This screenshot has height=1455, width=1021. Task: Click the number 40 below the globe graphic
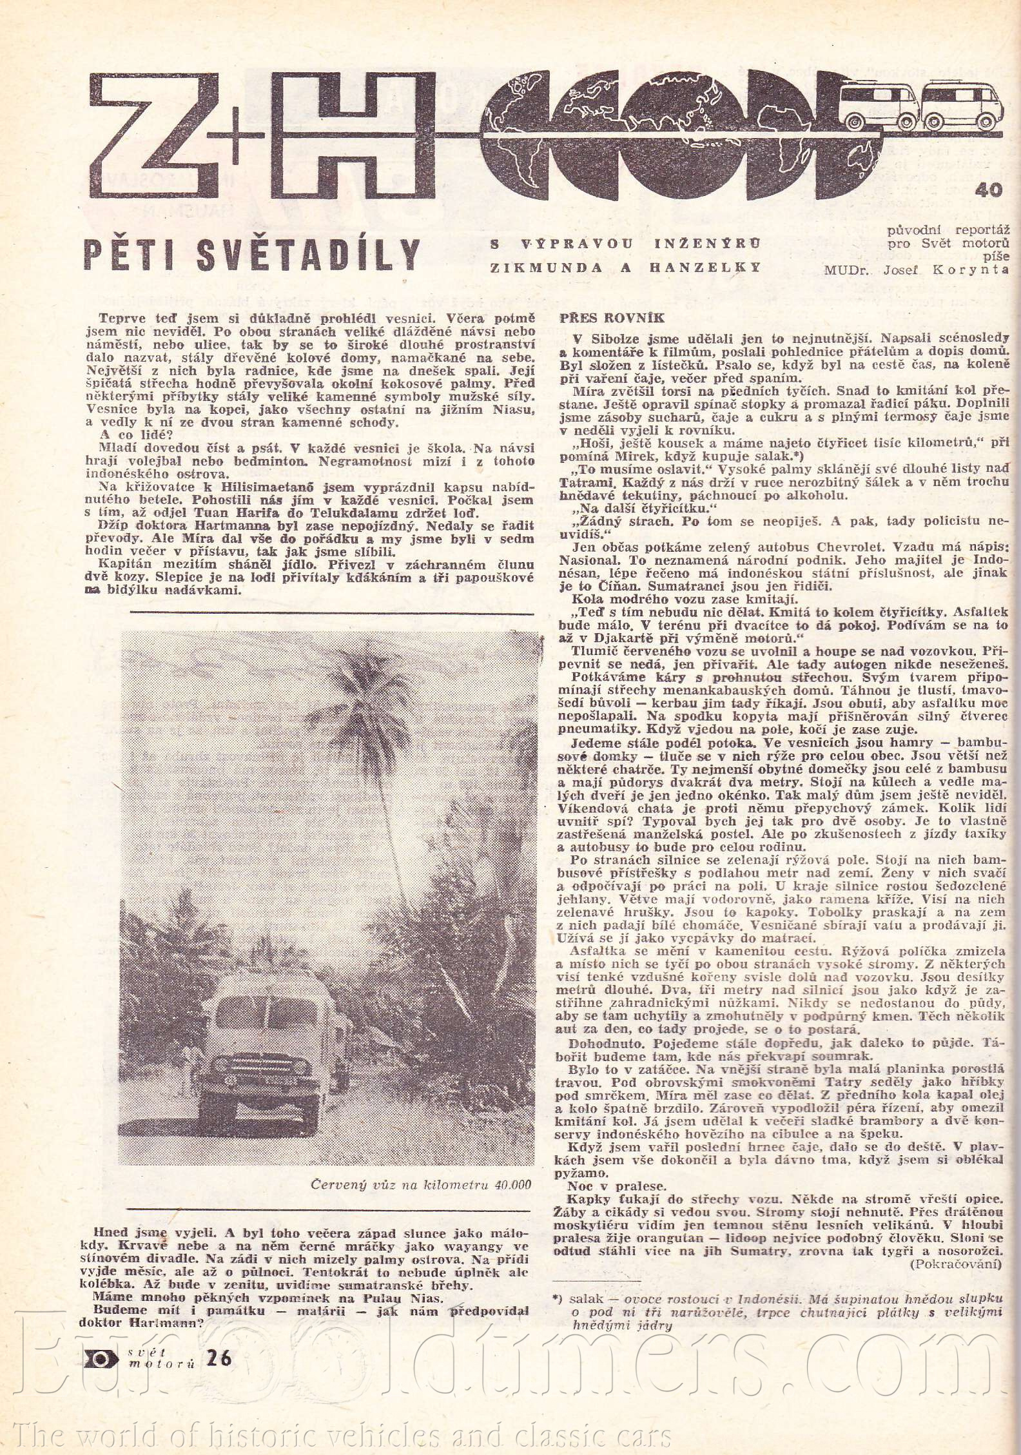(989, 191)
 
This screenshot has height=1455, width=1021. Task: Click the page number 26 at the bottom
(219, 1359)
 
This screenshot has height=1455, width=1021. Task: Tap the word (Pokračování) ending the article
(957, 1265)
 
